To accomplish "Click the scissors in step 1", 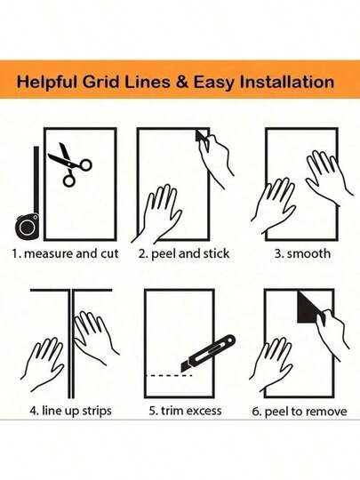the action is click(x=70, y=164).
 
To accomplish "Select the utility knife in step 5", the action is click(x=208, y=353).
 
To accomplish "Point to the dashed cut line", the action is click(x=169, y=375).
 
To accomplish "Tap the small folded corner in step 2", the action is click(x=201, y=136).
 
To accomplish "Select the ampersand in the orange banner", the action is click(x=182, y=82).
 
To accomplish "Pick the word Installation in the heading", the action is click(x=286, y=82).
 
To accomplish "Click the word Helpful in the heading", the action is click(x=47, y=83).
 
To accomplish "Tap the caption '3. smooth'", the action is click(x=302, y=253).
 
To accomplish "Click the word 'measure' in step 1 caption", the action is click(x=48, y=253).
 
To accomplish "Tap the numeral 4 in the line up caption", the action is click(x=34, y=411).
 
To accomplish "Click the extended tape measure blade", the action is click(x=36, y=180).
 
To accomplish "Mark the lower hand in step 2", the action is click(x=156, y=212).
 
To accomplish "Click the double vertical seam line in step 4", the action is click(x=71, y=343).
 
